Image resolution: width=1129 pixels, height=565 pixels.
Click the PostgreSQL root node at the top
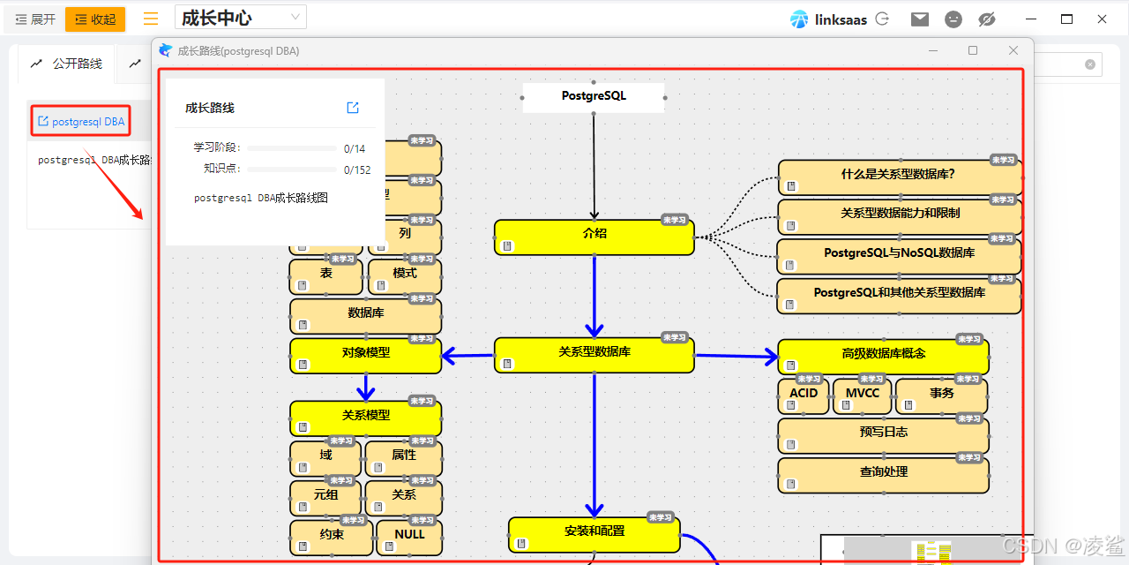(x=594, y=96)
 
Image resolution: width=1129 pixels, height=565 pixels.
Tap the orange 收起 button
(x=95, y=19)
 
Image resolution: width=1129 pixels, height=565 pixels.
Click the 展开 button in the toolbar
(x=35, y=19)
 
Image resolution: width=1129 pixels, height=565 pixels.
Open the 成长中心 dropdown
(x=241, y=18)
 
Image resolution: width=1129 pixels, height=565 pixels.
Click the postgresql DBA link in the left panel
(x=81, y=122)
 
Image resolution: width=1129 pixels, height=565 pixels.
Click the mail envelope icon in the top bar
(x=920, y=19)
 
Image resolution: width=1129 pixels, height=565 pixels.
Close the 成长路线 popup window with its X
(x=1013, y=51)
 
